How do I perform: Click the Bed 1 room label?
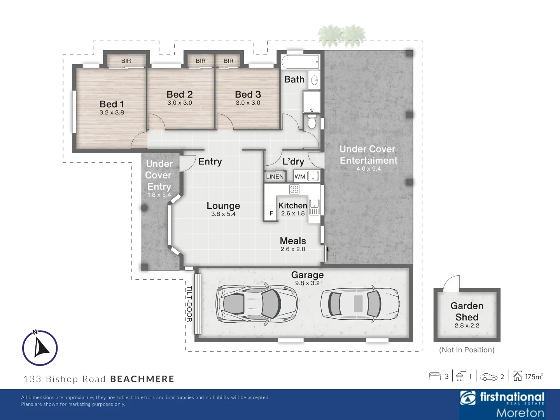[112, 104]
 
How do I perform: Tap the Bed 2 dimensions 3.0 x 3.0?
[180, 103]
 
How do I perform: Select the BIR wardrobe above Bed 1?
[126, 61]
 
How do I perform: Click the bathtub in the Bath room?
[301, 62]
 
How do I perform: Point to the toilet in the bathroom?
[311, 122]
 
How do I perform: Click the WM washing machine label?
[299, 177]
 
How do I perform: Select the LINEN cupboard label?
[275, 177]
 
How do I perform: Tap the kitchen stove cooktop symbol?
[294, 189]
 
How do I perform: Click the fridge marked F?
[271, 213]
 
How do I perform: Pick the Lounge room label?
[223, 206]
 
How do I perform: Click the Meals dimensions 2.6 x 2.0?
[293, 249]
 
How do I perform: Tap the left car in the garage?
[257, 303]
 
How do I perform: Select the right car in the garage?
[360, 303]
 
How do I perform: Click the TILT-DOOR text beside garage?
[189, 304]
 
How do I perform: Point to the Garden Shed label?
[467, 311]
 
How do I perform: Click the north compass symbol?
[40, 348]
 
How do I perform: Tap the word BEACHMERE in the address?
[142, 379]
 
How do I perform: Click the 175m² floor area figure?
[533, 376]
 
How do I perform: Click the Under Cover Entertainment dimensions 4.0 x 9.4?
[368, 169]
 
